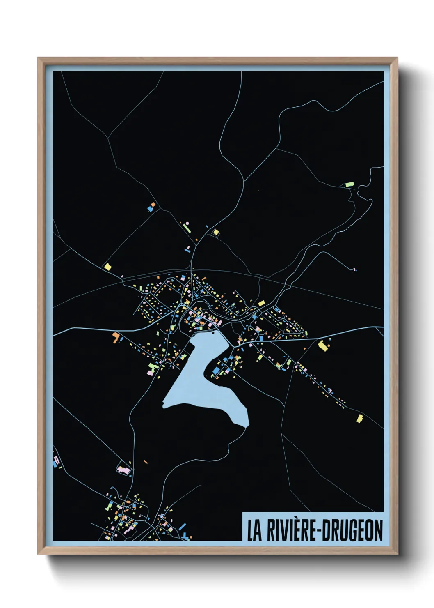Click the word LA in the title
point(254,531)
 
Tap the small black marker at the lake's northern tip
point(213,333)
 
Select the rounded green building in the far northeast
point(349,184)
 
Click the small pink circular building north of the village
point(187,223)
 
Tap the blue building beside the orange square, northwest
point(150,209)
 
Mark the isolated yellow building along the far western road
point(108,267)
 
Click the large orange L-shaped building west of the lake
point(116,337)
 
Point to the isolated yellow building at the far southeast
point(360,418)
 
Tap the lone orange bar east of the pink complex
point(146,462)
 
